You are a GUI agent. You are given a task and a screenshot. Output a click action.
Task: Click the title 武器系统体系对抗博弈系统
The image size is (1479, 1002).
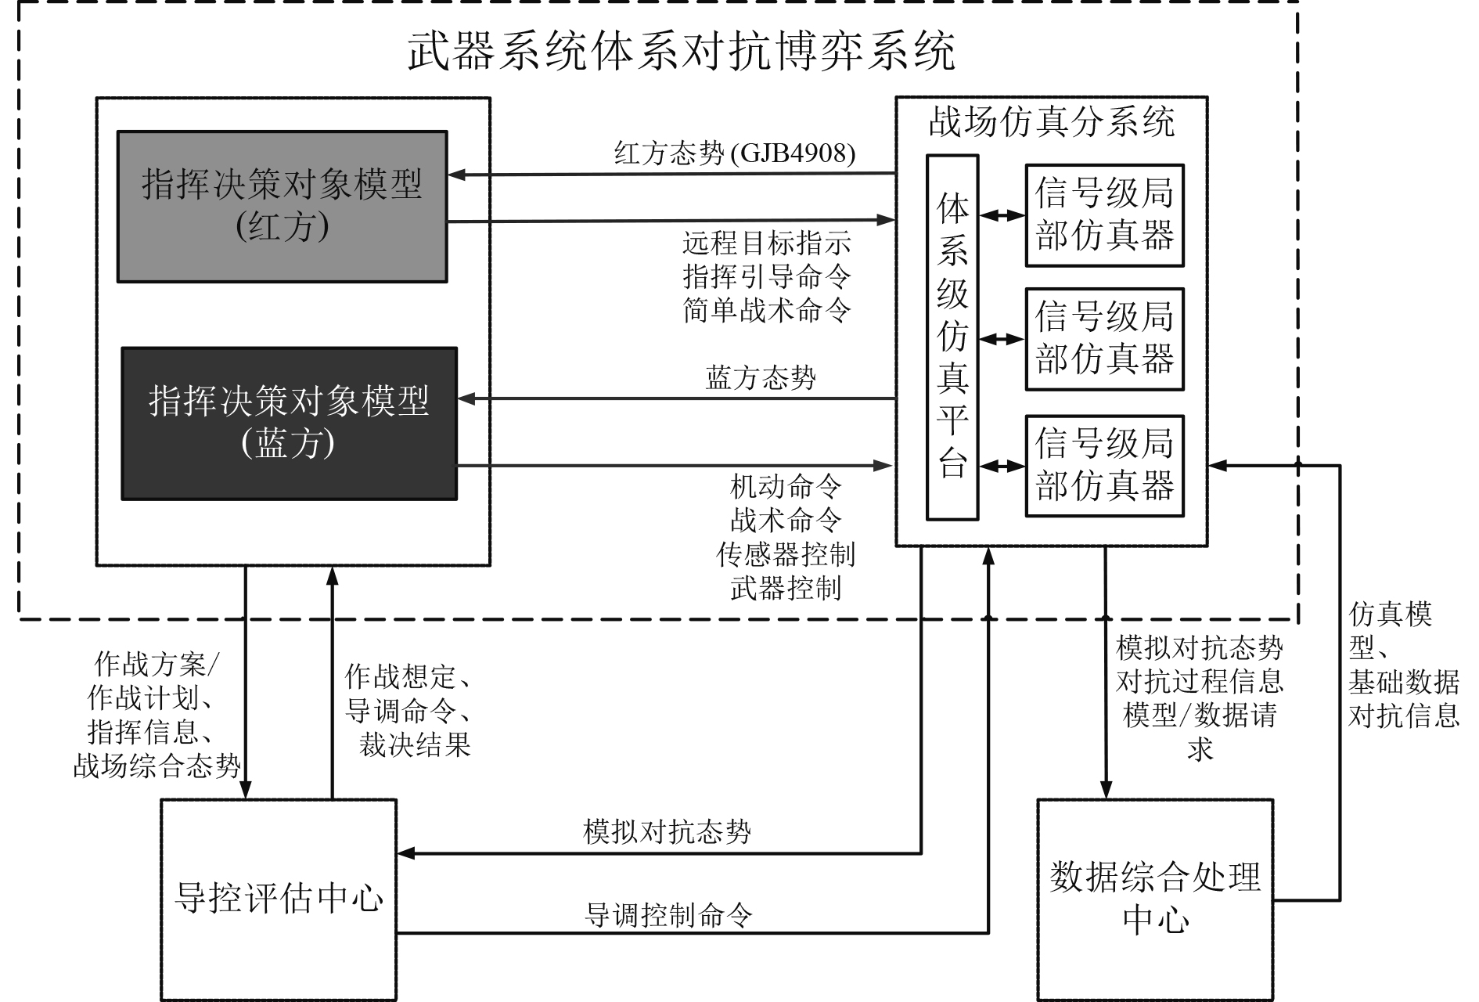[x=681, y=52]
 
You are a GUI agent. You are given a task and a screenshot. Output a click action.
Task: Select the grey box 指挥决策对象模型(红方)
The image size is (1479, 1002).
[x=282, y=206]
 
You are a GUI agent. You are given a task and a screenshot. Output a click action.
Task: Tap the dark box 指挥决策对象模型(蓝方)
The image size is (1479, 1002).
[x=289, y=423]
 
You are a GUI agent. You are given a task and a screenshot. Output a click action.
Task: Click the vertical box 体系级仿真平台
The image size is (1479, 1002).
[x=952, y=337]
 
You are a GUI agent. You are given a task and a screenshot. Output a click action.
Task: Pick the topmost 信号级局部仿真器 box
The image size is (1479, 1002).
[x=1104, y=215]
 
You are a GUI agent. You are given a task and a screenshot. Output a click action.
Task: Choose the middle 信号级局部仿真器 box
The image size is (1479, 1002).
[x=1104, y=339]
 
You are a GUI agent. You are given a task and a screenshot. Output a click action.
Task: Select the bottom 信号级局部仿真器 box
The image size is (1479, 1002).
[x=1104, y=466]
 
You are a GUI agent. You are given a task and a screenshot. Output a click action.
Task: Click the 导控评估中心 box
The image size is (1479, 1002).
[x=279, y=899]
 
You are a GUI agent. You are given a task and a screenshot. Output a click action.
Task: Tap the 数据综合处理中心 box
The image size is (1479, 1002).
[x=1155, y=899]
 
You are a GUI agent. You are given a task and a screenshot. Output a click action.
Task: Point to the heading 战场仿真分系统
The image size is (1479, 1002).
[x=1051, y=123]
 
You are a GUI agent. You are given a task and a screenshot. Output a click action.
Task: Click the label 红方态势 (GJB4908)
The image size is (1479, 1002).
[x=734, y=153]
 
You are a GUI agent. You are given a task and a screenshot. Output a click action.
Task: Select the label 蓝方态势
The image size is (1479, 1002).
[x=761, y=378]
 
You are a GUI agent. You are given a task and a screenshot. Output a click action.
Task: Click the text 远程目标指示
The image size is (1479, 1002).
[x=767, y=243]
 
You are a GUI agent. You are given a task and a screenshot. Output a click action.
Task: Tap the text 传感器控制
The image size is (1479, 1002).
[x=786, y=554]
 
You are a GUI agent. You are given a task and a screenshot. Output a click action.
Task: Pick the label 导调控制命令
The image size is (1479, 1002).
[x=669, y=914]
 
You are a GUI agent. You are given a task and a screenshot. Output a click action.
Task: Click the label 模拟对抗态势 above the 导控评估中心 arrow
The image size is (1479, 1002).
[x=667, y=831]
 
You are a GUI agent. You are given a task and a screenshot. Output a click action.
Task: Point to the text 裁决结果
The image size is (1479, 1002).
[x=415, y=744]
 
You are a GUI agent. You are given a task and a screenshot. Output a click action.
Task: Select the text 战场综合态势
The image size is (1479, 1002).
[x=157, y=766]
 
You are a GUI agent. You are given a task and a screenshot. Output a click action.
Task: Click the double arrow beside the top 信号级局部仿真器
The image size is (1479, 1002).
[x=1002, y=214]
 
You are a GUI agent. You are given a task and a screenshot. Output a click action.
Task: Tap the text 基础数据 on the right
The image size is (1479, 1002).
[x=1403, y=682]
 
